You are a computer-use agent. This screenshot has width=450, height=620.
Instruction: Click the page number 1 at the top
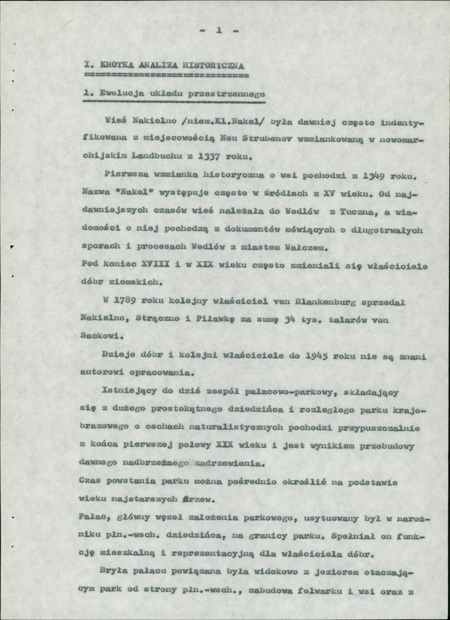pos(219,31)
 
